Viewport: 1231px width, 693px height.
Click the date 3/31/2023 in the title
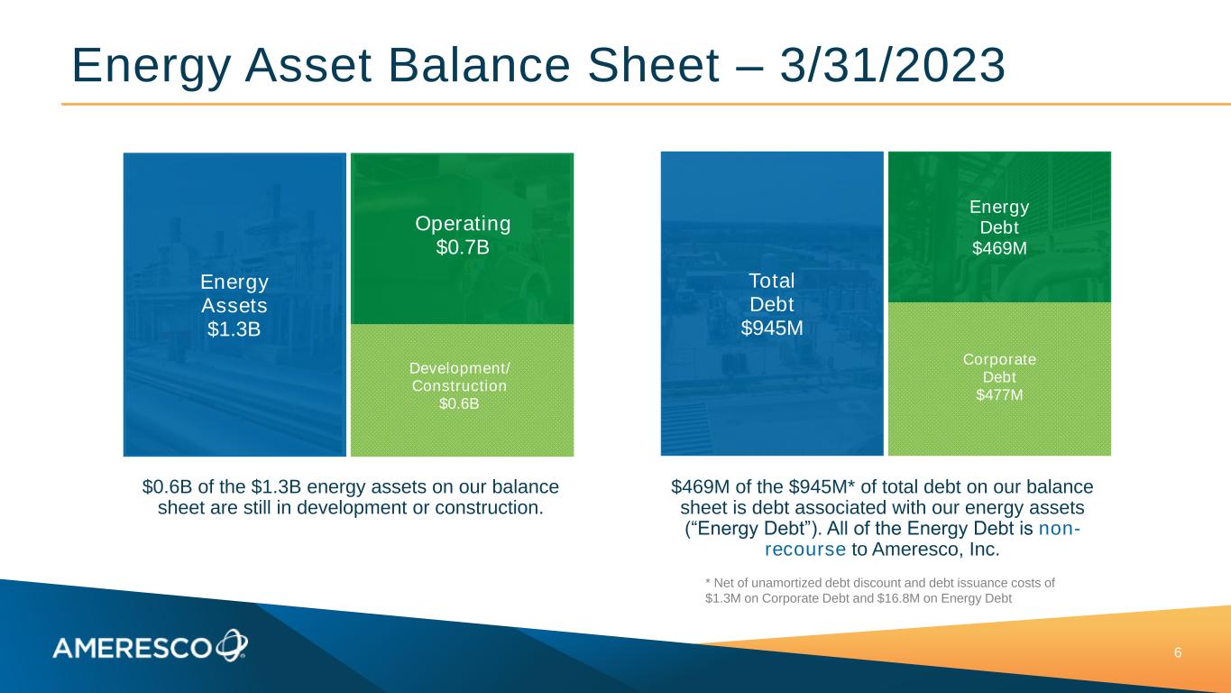893,66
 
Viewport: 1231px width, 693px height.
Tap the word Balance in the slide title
479,66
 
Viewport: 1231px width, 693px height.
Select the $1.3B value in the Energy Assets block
234,328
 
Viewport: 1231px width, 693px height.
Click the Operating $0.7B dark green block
462,238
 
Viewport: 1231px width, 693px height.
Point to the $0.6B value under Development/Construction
459,403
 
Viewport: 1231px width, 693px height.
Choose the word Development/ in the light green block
459,368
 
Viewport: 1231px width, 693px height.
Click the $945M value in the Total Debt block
772,328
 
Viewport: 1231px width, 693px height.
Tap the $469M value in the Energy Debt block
999,248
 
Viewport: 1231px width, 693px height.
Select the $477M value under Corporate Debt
999,395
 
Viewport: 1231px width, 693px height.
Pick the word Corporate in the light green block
999,359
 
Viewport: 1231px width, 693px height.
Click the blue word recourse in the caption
805,549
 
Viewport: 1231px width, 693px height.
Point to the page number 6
1178,652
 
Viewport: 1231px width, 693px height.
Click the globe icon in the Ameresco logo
232,644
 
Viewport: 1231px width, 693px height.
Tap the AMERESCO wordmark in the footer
132,649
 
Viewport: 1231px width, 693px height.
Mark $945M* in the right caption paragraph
822,486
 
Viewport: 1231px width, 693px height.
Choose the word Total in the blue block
772,281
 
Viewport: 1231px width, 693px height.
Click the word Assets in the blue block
234,305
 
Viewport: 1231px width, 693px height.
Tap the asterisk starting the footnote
708,581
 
